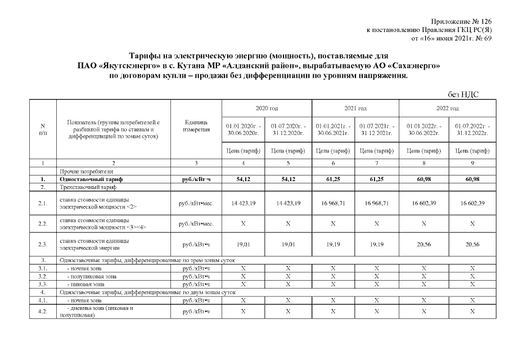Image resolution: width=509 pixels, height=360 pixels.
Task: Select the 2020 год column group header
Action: (x=266, y=107)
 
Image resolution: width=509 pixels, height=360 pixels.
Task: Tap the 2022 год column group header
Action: (x=447, y=107)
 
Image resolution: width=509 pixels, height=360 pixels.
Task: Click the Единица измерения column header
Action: (x=196, y=127)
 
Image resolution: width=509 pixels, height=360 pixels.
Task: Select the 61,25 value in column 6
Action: (x=333, y=179)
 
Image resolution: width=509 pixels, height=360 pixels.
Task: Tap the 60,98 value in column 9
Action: (x=472, y=179)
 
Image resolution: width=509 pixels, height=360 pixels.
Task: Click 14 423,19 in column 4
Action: (x=244, y=202)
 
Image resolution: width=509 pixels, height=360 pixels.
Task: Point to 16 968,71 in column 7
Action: (x=377, y=202)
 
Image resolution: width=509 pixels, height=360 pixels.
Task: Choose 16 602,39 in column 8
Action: (x=424, y=202)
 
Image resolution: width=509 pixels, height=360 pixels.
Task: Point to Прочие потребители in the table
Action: (x=82, y=171)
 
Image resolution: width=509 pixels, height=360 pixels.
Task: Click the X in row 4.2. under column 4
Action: (x=244, y=311)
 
